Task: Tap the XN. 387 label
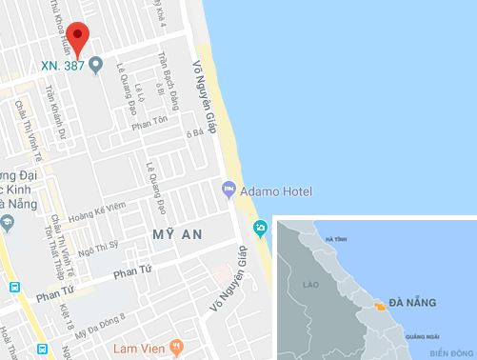coord(60,66)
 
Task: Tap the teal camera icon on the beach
coord(260,227)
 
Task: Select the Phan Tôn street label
coord(149,124)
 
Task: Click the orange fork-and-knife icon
coord(174,347)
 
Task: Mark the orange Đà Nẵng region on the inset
coord(380,306)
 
